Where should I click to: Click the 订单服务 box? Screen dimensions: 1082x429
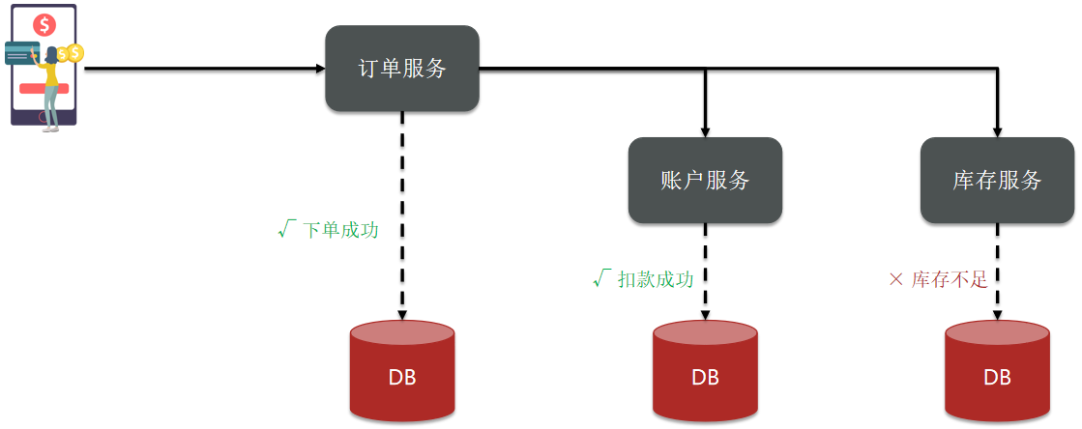point(402,69)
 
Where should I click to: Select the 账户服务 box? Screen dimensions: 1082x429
point(705,180)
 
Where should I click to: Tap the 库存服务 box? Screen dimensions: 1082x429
point(997,180)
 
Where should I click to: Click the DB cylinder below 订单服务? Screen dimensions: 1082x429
point(402,370)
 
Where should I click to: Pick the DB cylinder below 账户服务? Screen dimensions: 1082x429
point(705,370)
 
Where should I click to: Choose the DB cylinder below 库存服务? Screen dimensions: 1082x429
point(997,370)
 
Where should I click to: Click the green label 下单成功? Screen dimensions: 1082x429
point(341,230)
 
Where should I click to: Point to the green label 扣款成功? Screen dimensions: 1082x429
point(656,279)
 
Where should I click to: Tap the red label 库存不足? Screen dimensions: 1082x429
point(950,279)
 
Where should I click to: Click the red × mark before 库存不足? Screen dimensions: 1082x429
point(895,279)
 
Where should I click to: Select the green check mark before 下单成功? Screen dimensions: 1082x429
point(287,228)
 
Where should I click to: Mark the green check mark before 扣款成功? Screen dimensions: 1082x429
point(602,278)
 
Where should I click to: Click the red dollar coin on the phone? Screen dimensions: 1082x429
point(46,25)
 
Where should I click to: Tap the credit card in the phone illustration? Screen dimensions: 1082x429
point(22,52)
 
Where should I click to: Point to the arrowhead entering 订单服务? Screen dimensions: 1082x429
point(320,69)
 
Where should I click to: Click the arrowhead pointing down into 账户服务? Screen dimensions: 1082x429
point(705,132)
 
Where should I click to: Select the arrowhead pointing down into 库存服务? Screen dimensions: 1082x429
point(997,132)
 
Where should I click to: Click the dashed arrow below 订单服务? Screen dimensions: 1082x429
point(402,215)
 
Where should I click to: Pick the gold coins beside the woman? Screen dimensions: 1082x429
point(70,53)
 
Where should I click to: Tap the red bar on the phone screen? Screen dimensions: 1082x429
point(44,88)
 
